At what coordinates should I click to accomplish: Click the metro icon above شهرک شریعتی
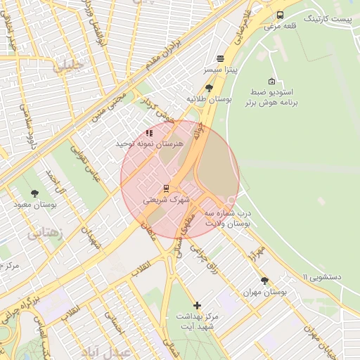click(167, 188)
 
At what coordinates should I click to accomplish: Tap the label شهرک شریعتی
click(167, 200)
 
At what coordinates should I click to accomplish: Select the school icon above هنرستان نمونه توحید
click(148, 132)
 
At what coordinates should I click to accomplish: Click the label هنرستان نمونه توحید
click(149, 143)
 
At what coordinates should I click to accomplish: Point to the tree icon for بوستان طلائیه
click(209, 88)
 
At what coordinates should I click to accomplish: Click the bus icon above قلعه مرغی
click(280, 15)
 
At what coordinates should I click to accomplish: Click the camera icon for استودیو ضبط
click(272, 81)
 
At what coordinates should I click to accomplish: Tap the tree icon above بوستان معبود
click(35, 193)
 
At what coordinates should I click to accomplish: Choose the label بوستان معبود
click(34, 205)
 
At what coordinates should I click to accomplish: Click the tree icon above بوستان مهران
click(264, 280)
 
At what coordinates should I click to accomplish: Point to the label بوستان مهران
click(264, 291)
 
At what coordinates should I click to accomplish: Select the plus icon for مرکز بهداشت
click(197, 305)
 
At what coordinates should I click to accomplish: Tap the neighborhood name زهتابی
click(44, 233)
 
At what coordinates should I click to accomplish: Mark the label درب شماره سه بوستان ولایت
click(227, 217)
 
